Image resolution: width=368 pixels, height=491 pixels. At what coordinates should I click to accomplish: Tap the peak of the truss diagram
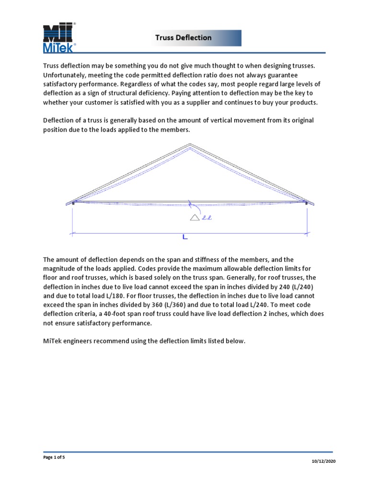click(190, 144)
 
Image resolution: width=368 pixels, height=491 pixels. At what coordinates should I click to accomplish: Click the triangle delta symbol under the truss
click(195, 218)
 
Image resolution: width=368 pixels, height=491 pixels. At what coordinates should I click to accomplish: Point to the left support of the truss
click(73, 203)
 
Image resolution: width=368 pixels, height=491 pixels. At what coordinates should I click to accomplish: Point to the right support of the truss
click(306, 203)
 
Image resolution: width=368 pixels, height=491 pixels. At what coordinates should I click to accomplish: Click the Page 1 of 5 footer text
click(54, 457)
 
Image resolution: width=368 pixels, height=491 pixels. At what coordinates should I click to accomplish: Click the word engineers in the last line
click(81, 341)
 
